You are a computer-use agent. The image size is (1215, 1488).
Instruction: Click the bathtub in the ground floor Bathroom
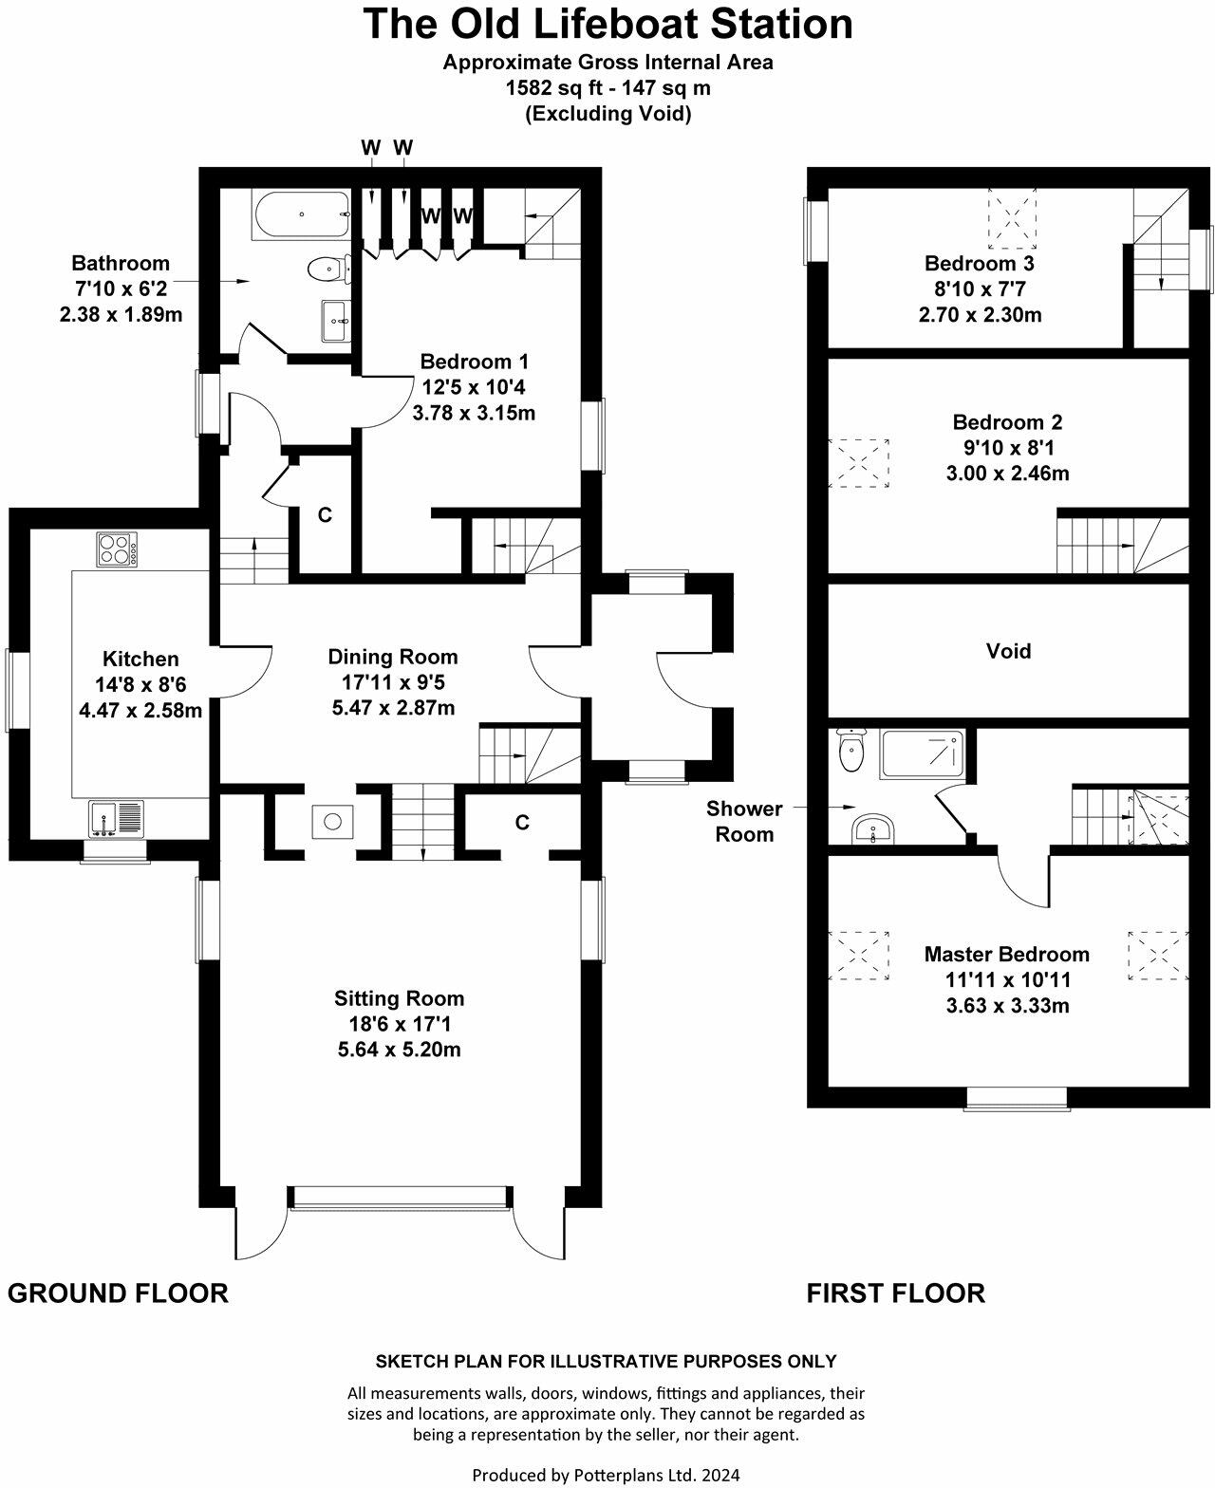pyautogui.click(x=301, y=214)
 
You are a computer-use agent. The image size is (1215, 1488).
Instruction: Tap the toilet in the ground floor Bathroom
pyautogui.click(x=326, y=269)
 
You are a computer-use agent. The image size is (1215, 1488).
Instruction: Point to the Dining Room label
pyautogui.click(x=393, y=657)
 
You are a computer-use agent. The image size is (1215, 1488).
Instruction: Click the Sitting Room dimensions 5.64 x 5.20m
pyautogui.click(x=399, y=1050)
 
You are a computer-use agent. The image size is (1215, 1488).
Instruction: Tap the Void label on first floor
pyautogui.click(x=1008, y=651)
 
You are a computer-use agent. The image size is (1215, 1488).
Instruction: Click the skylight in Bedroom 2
pyautogui.click(x=859, y=462)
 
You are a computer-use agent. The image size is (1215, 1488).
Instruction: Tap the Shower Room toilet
pyautogui.click(x=850, y=753)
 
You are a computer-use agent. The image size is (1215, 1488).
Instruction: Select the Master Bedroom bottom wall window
pyautogui.click(x=1017, y=1098)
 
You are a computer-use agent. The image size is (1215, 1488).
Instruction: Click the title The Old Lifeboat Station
pyautogui.click(x=607, y=25)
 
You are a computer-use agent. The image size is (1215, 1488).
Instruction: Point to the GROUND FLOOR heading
pyautogui.click(x=118, y=1293)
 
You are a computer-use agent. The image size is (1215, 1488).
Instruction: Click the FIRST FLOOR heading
pyautogui.click(x=895, y=1293)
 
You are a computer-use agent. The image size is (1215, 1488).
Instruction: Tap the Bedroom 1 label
pyautogui.click(x=474, y=362)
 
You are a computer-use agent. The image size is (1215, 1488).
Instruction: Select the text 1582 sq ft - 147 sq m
pyautogui.click(x=607, y=88)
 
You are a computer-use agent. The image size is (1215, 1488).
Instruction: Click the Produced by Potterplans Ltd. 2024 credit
pyautogui.click(x=606, y=1475)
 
